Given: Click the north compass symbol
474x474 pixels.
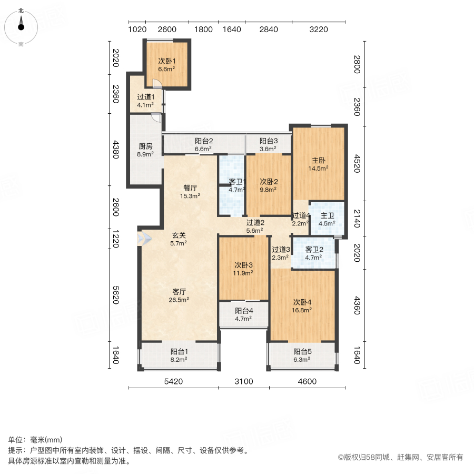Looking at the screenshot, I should pyautogui.click(x=21, y=25).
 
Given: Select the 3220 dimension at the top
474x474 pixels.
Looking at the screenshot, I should pyautogui.click(x=318, y=29).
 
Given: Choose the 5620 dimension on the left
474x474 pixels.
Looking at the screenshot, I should pyautogui.click(x=117, y=290).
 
